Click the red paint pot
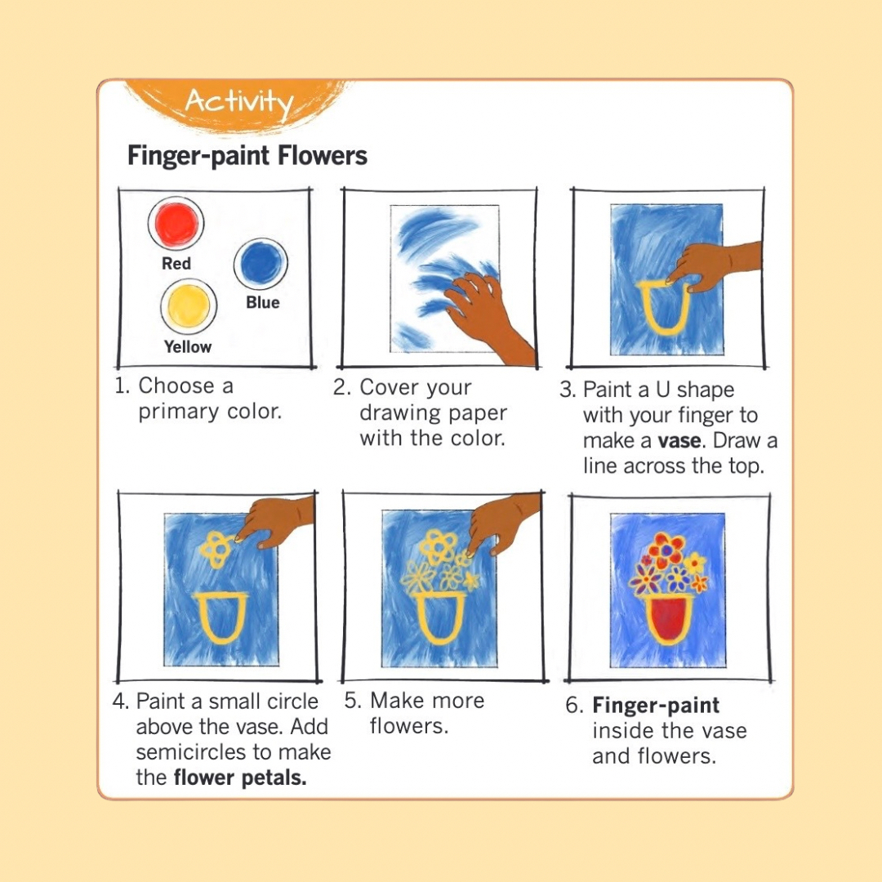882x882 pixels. [x=176, y=223]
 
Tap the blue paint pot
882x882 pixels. [x=261, y=262]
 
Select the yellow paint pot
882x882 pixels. [x=189, y=305]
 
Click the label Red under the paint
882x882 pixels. [x=176, y=264]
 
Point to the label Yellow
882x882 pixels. [x=188, y=347]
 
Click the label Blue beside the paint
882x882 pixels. [x=263, y=303]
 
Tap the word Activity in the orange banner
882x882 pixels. [x=238, y=102]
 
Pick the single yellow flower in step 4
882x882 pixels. [x=216, y=548]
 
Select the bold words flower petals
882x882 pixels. [x=240, y=777]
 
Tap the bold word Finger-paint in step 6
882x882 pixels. [x=656, y=706]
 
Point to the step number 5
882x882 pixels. [x=352, y=701]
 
